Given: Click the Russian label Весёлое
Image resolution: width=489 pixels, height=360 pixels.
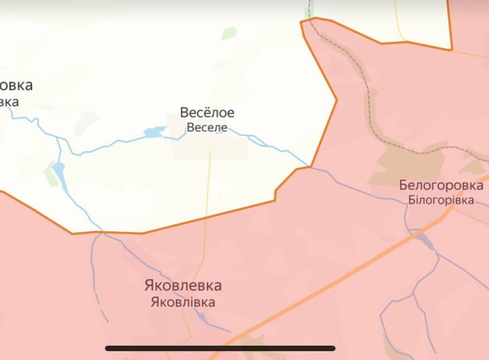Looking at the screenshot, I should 207,113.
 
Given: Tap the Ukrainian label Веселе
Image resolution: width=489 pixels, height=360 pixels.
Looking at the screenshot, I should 207,127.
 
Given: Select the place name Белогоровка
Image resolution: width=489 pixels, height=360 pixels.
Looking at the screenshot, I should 440,186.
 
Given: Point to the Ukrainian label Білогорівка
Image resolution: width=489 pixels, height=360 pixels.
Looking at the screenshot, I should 440,200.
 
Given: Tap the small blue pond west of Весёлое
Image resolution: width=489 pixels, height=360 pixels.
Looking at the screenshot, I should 155,132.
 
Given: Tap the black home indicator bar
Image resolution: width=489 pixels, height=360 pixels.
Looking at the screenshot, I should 220,348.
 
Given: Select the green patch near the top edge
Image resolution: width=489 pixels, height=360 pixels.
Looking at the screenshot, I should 229,33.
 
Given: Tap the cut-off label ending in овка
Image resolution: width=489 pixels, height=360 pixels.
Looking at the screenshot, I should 16,85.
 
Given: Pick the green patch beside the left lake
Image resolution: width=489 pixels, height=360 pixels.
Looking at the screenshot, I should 49,172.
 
